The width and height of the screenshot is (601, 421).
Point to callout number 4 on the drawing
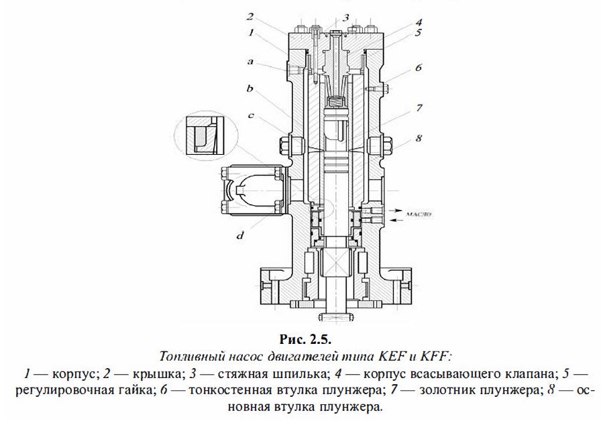[417, 21]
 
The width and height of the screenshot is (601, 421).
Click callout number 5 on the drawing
[417, 34]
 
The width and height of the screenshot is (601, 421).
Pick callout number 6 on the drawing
[417, 68]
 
